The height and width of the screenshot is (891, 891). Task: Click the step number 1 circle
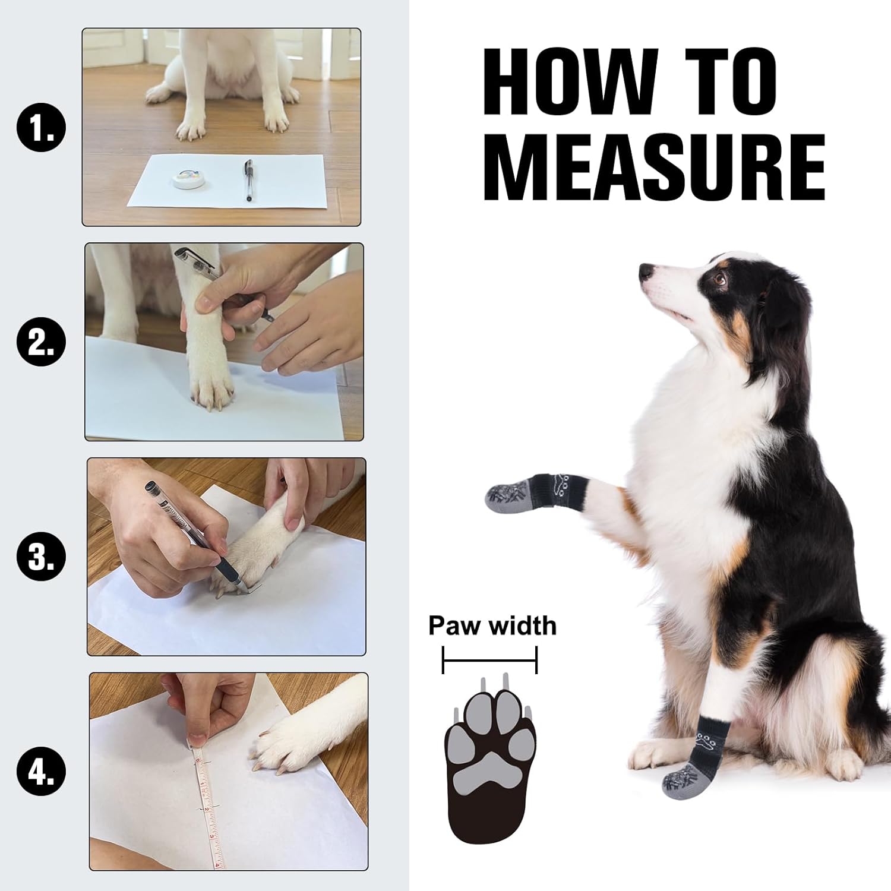coord(42,128)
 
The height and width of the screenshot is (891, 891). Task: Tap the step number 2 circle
coord(42,343)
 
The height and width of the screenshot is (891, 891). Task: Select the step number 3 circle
coord(42,558)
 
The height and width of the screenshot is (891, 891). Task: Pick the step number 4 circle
coord(42,772)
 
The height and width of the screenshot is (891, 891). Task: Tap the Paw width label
coord(492,625)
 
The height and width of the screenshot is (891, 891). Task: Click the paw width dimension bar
coord(489,659)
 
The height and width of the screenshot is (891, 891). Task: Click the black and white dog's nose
coord(647,272)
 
